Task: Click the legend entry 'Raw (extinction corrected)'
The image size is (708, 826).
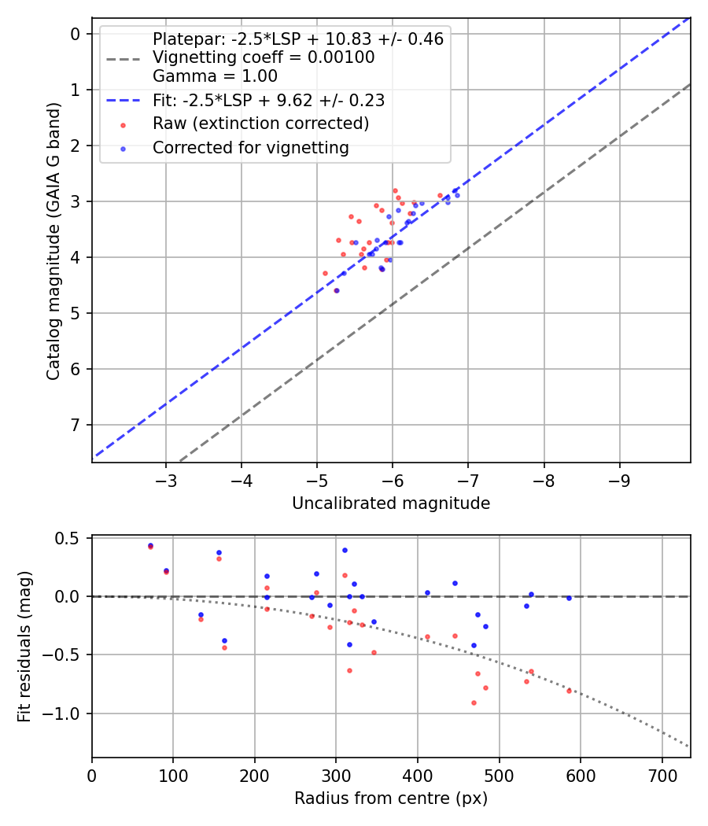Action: pyautogui.click(x=260, y=124)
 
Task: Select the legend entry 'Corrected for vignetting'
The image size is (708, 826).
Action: pyautogui.click(x=250, y=147)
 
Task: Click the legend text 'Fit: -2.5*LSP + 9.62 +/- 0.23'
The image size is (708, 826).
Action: pyautogui.click(x=268, y=101)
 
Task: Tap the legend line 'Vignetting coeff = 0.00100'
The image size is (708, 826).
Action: pyautogui.click(x=264, y=57)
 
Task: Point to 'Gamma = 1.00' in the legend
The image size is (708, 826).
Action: pyautogui.click(x=215, y=76)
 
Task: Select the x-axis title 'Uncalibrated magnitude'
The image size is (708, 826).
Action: pyautogui.click(x=391, y=503)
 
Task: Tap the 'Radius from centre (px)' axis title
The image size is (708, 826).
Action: pyautogui.click(x=391, y=798)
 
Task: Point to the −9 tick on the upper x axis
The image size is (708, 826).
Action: pyautogui.click(x=620, y=479)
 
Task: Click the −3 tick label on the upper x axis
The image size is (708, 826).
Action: pyautogui.click(x=165, y=479)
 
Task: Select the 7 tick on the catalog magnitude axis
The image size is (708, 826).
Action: pyautogui.click(x=76, y=426)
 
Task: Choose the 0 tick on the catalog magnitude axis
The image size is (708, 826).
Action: pyautogui.click(x=76, y=34)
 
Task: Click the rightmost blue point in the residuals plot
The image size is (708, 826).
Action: pyautogui.click(x=569, y=598)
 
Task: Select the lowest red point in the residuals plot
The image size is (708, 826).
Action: pyautogui.click(x=474, y=702)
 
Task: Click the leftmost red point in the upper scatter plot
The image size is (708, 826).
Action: pyautogui.click(x=325, y=273)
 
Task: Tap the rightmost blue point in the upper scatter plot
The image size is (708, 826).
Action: pyautogui.click(x=457, y=195)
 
